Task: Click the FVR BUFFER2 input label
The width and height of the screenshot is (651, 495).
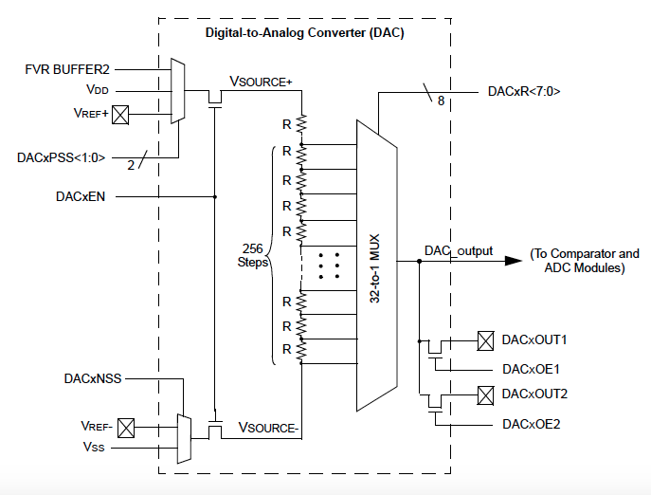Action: click(68, 69)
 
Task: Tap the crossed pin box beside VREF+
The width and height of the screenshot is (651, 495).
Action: click(120, 116)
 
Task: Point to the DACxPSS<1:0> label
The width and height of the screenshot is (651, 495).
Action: click(62, 157)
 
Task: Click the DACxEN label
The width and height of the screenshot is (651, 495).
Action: click(81, 197)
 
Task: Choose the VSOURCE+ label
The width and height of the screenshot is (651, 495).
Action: click(262, 82)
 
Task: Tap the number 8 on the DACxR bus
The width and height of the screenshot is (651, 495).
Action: click(440, 100)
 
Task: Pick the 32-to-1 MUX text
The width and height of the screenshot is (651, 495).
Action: click(376, 266)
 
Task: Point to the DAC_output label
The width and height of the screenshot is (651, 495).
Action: click(459, 250)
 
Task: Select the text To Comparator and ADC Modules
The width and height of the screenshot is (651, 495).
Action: click(585, 260)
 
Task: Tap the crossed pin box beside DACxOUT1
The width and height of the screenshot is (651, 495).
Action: click(486, 339)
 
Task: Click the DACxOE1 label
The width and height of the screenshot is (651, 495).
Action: click(532, 368)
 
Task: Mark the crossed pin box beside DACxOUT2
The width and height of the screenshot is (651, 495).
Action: click(486, 394)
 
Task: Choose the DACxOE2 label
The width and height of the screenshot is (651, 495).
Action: click(532, 424)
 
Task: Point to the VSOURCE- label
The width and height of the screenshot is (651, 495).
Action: click(269, 429)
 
